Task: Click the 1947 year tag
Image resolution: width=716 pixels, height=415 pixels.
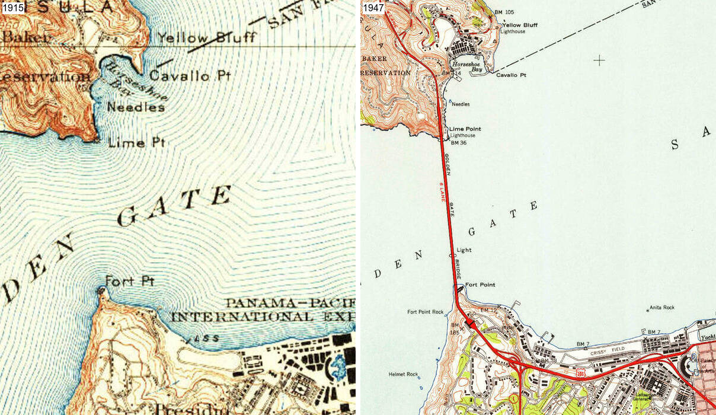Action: tap(373, 8)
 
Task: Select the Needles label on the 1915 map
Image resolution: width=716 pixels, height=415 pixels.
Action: tap(136, 107)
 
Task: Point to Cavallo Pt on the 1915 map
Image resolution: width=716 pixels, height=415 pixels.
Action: tap(188, 76)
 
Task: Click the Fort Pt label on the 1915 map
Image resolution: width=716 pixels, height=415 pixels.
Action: tap(129, 281)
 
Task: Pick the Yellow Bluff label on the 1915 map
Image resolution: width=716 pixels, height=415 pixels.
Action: tap(207, 38)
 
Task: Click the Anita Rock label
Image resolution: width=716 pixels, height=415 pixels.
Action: tap(662, 307)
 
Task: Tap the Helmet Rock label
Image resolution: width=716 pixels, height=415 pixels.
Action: tap(404, 374)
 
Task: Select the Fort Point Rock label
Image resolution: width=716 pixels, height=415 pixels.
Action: tap(426, 312)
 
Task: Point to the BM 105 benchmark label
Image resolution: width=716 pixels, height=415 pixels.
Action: tap(506, 12)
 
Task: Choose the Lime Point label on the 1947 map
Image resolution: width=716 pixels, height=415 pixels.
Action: tap(465, 129)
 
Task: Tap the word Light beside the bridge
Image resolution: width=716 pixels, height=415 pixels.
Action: tap(464, 250)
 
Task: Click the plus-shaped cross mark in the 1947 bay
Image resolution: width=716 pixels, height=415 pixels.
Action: tap(600, 60)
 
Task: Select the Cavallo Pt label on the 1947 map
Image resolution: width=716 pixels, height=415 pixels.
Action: tap(511, 75)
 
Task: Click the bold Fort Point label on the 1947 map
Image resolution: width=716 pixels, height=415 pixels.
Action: tap(480, 285)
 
